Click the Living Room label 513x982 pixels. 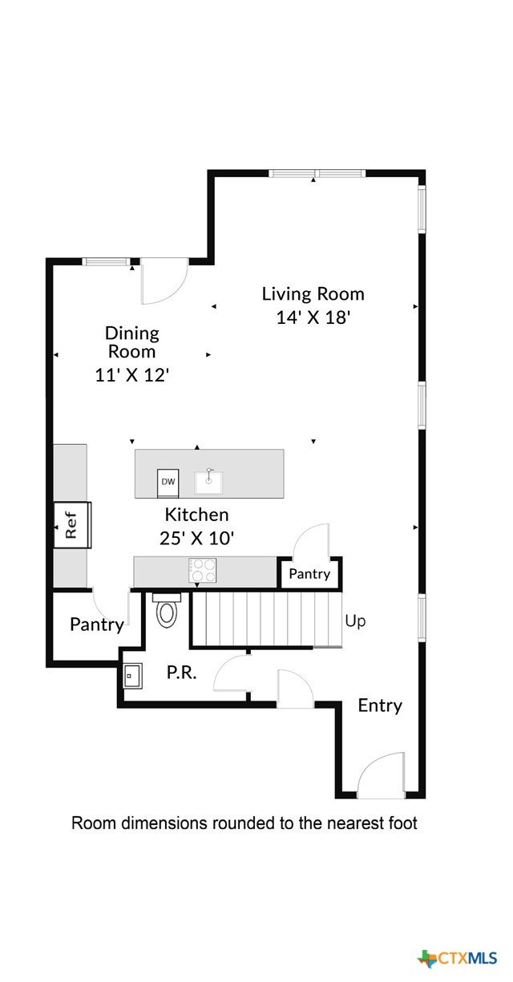[313, 293]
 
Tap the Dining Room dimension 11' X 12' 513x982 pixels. [132, 375]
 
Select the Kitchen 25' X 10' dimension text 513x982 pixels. [196, 538]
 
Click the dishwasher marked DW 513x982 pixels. [168, 483]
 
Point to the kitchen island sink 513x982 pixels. [208, 483]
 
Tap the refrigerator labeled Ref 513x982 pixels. [72, 525]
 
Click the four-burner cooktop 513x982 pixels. [202, 570]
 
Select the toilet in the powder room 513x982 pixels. [167, 610]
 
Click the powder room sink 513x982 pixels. [132, 676]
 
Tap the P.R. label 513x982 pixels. [181, 672]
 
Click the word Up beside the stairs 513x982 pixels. [355, 621]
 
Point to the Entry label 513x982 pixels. [380, 705]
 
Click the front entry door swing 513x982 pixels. [381, 775]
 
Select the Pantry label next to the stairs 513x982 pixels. [309, 574]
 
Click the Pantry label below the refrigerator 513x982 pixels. [97, 624]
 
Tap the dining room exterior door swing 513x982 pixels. [164, 281]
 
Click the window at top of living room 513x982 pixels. [317, 174]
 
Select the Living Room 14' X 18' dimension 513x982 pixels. [313, 317]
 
